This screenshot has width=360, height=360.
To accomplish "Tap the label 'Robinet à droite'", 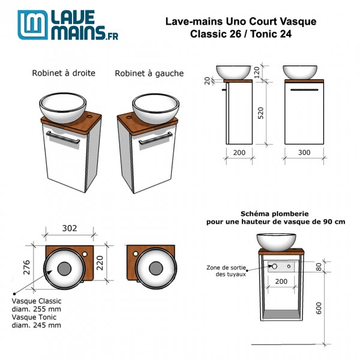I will pos(64,74).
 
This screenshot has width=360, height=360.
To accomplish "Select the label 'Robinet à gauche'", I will pos(149,74).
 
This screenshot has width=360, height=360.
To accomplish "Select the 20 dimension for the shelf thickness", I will pos(208,80).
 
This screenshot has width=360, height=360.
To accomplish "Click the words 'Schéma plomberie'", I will pos(265,213).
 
